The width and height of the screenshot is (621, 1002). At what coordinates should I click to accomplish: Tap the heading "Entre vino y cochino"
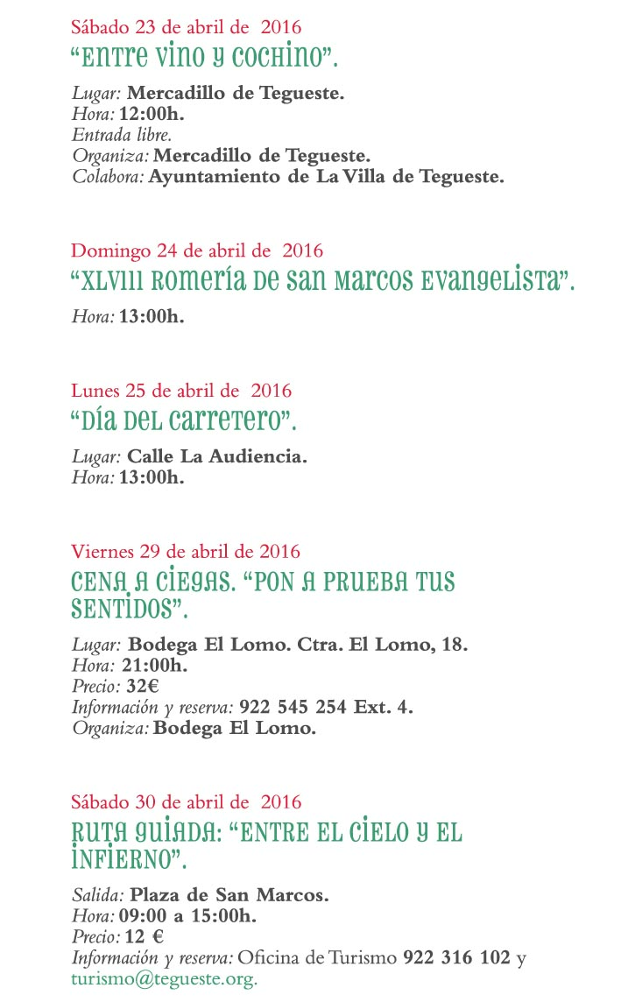[x=203, y=59]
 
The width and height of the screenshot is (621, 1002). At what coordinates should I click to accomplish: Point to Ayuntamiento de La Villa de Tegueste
[x=326, y=177]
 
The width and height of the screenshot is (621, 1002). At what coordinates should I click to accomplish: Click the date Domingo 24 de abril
[x=197, y=250]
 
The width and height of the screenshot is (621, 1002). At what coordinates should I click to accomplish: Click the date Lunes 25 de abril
[x=181, y=391]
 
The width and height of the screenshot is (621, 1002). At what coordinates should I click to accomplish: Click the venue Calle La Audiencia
[x=217, y=456]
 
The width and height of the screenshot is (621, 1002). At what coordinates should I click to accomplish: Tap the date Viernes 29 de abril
[x=186, y=552]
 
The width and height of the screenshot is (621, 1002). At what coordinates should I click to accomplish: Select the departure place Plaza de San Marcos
[x=229, y=895]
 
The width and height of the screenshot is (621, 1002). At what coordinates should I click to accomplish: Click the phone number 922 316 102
[x=455, y=957]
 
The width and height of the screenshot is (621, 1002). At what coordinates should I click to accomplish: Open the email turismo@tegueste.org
[x=164, y=977]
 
